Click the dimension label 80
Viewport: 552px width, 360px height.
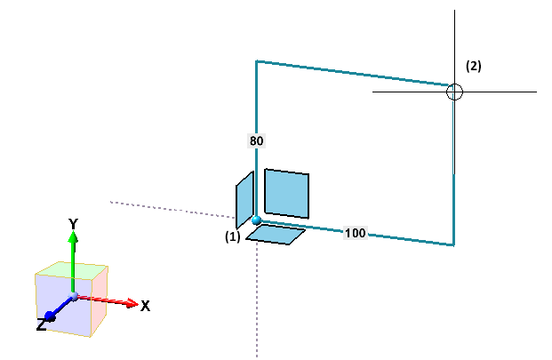pos(256,140)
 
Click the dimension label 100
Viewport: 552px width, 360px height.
pos(355,233)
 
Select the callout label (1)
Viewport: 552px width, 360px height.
pos(233,237)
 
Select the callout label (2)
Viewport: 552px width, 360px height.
pos(474,66)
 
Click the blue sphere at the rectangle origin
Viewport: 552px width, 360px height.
pos(256,220)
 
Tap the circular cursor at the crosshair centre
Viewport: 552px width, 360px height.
pos(454,92)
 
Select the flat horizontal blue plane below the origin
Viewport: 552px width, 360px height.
pos(276,235)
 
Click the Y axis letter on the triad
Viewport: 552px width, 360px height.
pos(75,222)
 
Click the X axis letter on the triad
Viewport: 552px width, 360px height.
pos(145,306)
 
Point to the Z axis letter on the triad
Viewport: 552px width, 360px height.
pos(41,326)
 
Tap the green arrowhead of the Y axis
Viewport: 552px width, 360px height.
pos(75,237)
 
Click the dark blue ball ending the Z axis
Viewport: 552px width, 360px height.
pos(51,316)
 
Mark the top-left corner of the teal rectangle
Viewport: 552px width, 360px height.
pos(257,61)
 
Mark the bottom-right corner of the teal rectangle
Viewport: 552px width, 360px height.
pos(453,244)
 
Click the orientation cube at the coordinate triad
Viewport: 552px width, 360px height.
pos(71,299)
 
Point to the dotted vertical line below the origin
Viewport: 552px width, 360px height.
pos(257,302)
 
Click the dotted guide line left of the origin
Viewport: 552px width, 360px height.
pos(169,209)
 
